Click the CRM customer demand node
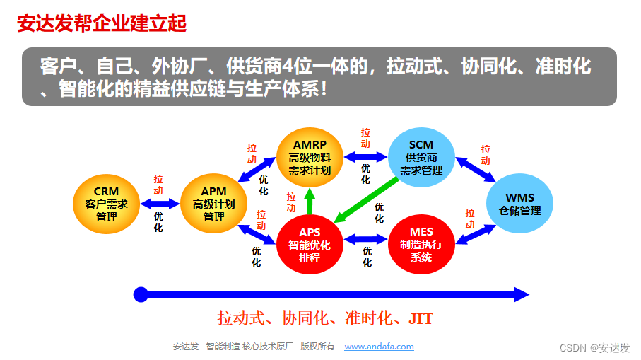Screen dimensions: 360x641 point(107,204)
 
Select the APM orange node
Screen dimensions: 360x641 point(214,204)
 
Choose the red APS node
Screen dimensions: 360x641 point(310,245)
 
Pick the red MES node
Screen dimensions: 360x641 point(421,245)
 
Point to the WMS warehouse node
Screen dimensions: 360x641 point(519,204)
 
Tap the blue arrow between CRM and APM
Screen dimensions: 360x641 point(160,204)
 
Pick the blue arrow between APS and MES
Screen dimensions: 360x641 point(365,240)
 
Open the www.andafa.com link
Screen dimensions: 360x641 point(379,347)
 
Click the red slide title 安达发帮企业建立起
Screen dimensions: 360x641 point(102,23)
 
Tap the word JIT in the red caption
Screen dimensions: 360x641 point(421,318)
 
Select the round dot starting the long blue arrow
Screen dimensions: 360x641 point(141,294)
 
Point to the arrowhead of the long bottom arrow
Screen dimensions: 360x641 point(522,294)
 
